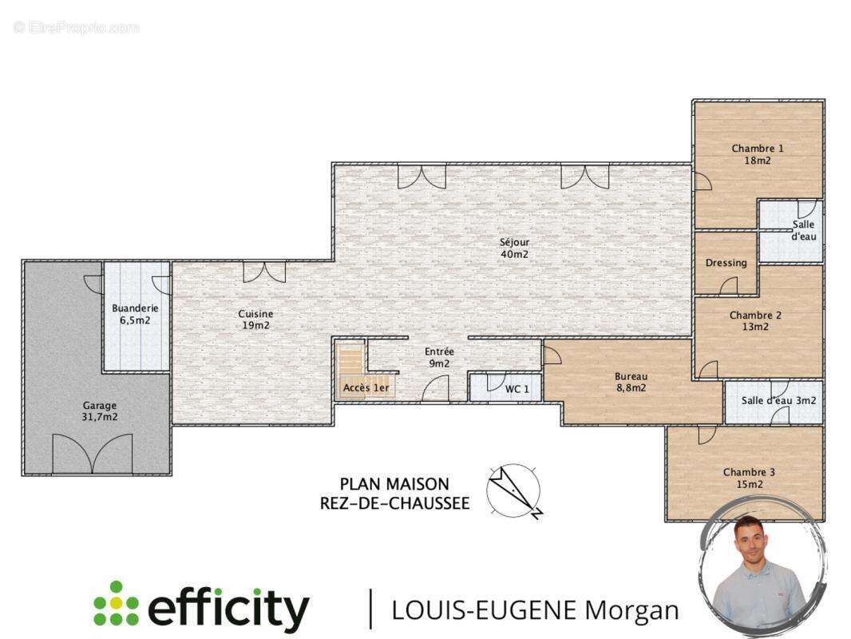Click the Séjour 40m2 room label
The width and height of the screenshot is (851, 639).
514,248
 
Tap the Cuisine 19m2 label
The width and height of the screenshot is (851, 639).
255,319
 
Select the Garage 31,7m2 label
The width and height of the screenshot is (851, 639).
100,411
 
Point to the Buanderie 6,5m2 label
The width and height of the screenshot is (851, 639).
135,315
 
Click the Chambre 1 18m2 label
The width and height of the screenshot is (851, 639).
758,154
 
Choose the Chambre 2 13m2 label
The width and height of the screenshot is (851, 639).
755,321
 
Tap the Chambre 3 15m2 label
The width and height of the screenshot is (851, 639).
750,478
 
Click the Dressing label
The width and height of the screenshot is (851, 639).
726,264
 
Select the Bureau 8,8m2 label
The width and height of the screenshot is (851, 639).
631,383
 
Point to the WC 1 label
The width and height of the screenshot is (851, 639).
517,389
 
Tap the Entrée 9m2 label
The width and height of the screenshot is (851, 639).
439,358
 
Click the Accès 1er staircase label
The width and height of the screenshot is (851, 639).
366,387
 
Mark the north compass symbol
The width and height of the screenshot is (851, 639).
515,490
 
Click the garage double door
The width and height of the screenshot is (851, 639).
93,454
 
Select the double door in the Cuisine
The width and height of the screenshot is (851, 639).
264,272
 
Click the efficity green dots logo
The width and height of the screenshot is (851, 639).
116,603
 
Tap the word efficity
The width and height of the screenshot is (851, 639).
228,608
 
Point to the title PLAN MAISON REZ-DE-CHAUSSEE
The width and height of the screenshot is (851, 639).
394,494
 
